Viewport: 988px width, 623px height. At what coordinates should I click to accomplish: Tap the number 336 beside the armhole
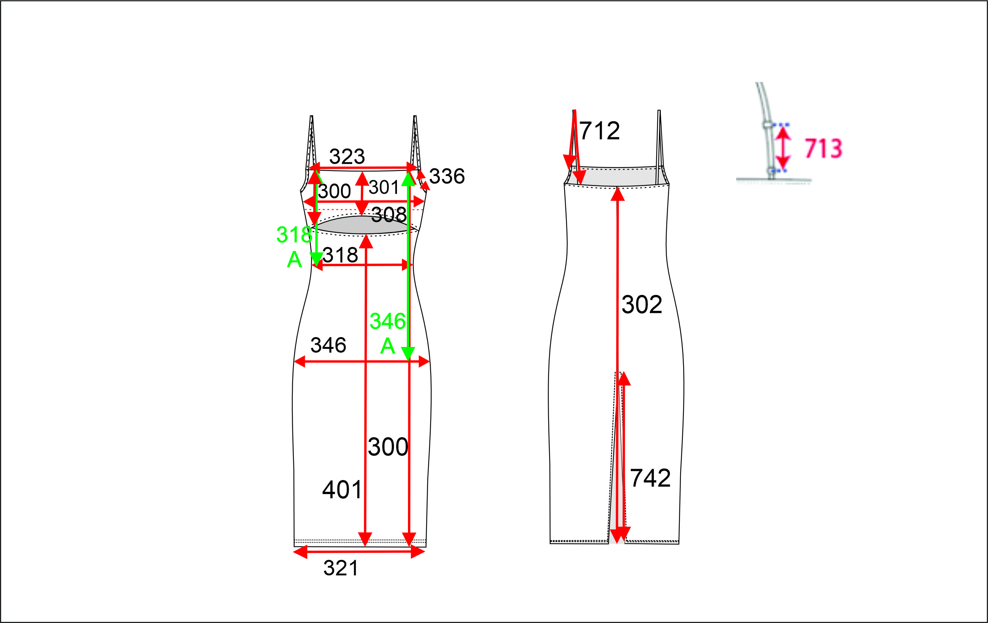[447, 176]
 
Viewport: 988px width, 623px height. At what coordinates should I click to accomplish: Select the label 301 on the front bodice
[384, 188]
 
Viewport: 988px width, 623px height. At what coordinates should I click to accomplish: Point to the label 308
[389, 214]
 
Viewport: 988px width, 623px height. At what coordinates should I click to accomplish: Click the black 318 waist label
[340, 255]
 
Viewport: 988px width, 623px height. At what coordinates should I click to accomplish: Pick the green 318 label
[294, 235]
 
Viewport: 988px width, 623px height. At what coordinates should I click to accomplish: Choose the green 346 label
[387, 321]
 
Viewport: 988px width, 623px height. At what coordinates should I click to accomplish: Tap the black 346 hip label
[328, 345]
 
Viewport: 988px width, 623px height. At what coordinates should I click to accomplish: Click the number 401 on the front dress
[342, 490]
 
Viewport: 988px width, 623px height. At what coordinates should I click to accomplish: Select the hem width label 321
[340, 568]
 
